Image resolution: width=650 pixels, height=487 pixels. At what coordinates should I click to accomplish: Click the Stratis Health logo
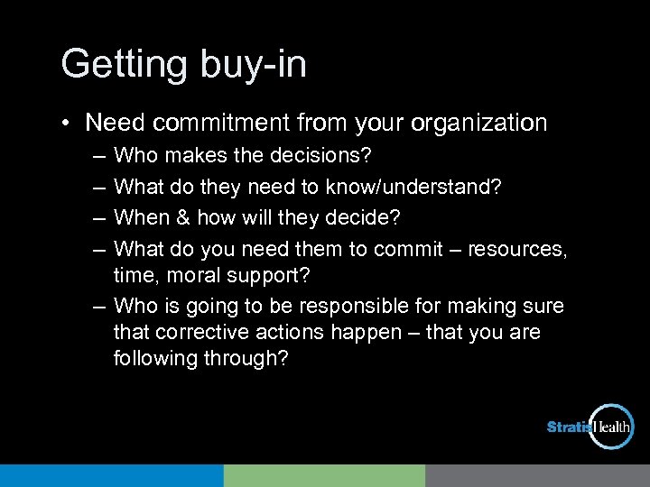[591, 427]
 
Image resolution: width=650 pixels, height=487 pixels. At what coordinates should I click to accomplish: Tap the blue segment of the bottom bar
[111, 475]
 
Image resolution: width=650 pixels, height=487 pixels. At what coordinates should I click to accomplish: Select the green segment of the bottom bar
[324, 475]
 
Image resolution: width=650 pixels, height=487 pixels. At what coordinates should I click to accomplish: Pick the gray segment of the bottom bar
[537, 475]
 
